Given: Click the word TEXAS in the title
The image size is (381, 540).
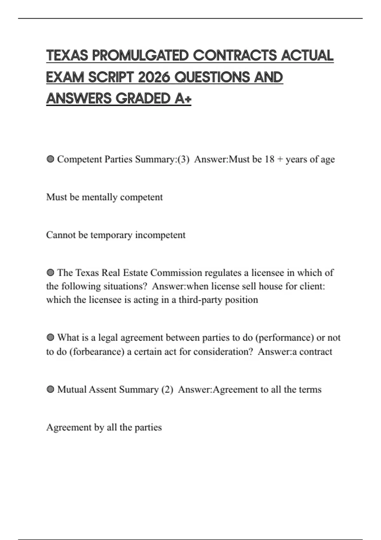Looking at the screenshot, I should [67, 56].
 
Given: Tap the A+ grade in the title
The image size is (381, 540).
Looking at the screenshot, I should [183, 98].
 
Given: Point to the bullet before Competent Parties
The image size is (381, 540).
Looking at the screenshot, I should [50, 159].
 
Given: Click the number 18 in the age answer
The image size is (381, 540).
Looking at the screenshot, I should [269, 159].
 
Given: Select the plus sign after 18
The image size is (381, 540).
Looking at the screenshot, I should [280, 159].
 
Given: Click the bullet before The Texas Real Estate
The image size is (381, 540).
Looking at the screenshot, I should [50, 273].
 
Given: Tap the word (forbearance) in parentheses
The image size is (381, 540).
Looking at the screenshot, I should [97, 352].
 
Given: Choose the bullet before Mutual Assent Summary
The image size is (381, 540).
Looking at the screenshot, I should [50, 390].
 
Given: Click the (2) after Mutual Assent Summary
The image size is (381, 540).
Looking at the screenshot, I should [167, 390].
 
